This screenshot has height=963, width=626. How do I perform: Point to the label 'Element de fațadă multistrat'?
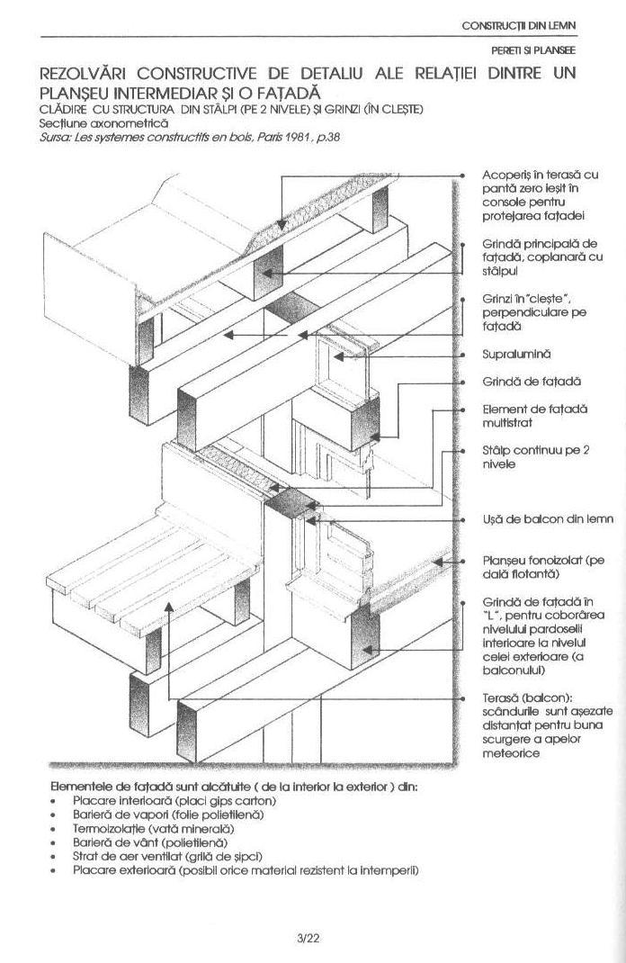[534, 415]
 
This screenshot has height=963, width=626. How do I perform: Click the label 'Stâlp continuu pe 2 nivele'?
[534, 456]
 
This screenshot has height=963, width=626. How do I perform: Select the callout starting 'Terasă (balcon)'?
[534, 724]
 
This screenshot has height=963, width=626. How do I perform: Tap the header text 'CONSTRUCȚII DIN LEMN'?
[518, 25]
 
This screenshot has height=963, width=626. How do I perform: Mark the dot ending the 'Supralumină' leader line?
[461, 357]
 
